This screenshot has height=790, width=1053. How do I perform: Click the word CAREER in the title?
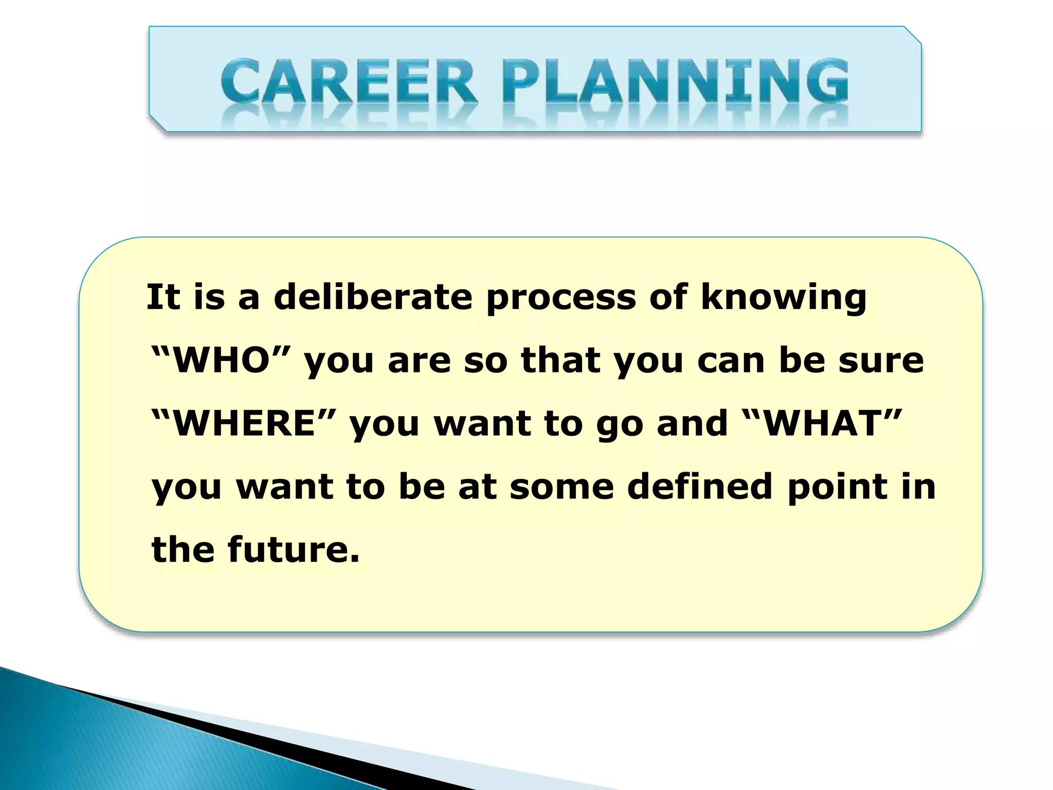(349, 82)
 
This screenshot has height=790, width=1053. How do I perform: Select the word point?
(837, 488)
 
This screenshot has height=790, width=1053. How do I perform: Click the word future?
(293, 549)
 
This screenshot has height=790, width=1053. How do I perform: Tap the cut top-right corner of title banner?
(913, 34)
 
